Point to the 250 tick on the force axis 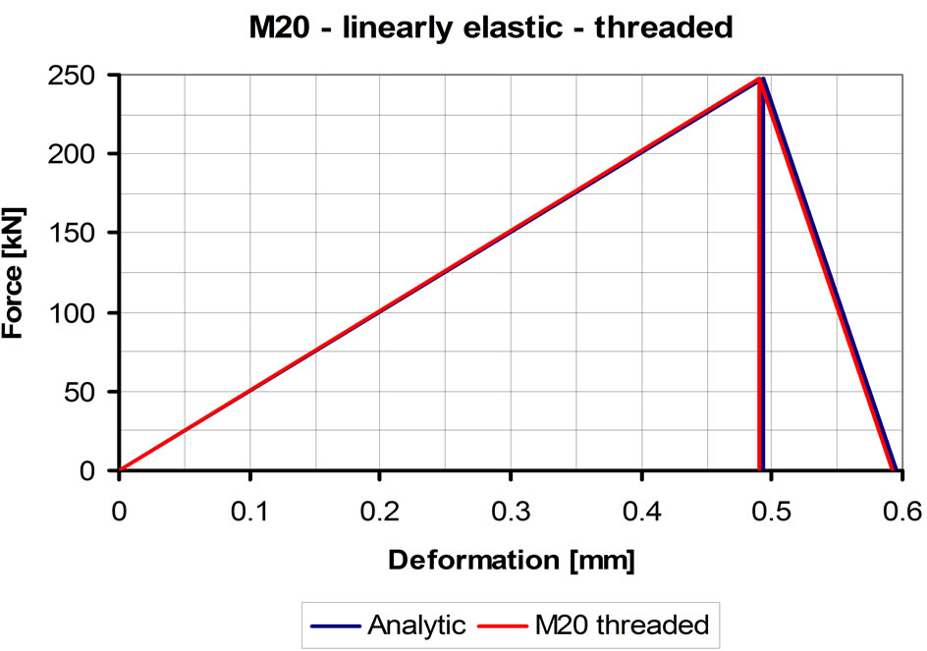pos(78,75)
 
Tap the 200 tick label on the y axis pos(78,154)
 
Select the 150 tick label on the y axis pos(78,234)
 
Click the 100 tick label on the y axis pos(78,313)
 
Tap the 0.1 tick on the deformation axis pos(249,511)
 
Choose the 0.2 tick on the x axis pos(380,511)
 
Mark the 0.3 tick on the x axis pos(511,511)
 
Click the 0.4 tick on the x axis pos(641,511)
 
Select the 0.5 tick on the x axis pos(772,511)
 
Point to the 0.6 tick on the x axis pos(902,511)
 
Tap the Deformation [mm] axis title pos(511,561)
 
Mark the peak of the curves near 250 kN pos(761,79)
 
